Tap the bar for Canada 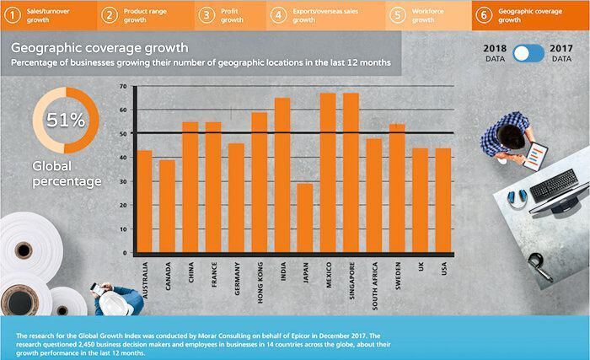pos(167,207)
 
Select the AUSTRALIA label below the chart pos(146,277)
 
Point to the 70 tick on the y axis pos(123,87)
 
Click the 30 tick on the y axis pos(123,181)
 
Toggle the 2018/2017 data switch pos(528,53)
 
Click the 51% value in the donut pos(66,120)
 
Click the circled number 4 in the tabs pos(277,14)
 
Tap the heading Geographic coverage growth pos(99,48)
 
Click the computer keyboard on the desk pos(553,185)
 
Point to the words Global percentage pos(67,174)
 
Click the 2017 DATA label pos(561,53)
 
